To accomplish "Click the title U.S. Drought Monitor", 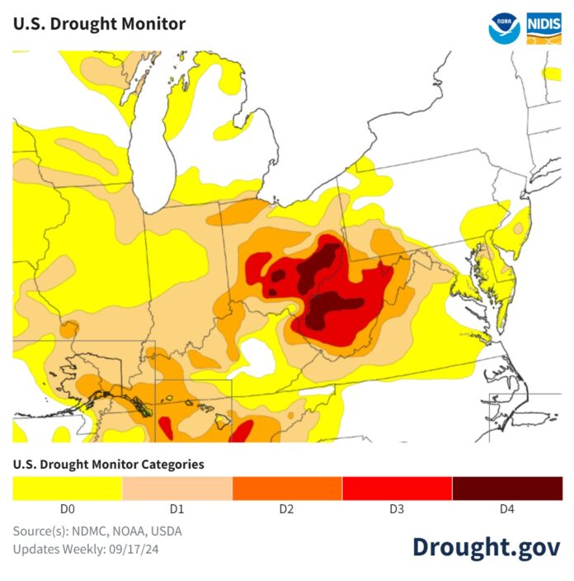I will (x=99, y=23).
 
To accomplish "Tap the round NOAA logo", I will (x=505, y=27).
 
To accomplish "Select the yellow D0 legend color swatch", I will (x=67, y=488).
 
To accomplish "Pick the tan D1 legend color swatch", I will (x=177, y=488).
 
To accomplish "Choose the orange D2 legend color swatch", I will (x=287, y=488).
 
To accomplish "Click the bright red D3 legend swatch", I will (x=397, y=488).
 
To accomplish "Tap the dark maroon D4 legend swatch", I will (x=507, y=488).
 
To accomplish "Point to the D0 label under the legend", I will (x=67, y=509).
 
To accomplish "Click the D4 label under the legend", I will (x=507, y=509).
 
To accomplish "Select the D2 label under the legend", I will (x=287, y=509).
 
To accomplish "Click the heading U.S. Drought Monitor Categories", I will (x=108, y=465).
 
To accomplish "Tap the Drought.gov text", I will (x=487, y=546).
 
